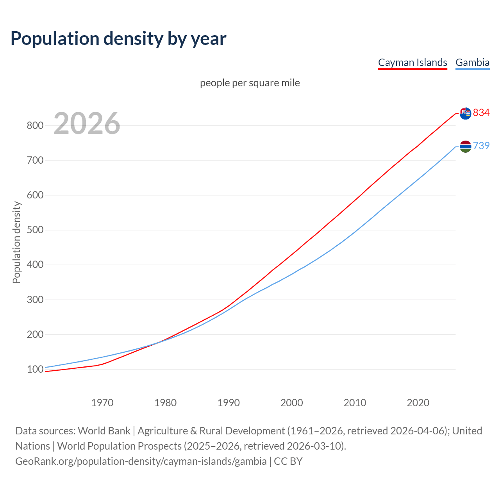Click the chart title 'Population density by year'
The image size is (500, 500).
(118, 38)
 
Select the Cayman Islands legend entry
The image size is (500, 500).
(412, 62)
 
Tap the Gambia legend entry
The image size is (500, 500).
(472, 62)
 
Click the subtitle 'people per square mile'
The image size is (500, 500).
(250, 83)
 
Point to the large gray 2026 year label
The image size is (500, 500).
(87, 123)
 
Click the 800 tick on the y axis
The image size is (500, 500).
(35, 126)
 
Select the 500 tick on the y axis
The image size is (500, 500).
(35, 230)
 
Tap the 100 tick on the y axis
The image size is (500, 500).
(35, 370)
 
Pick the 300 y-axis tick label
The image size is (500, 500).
(35, 300)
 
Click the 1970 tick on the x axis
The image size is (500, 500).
(102, 403)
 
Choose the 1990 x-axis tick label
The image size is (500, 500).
(229, 403)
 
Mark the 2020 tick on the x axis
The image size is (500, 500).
(418, 403)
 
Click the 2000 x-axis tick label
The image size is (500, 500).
(292, 403)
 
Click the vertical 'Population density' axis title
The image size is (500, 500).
(16, 242)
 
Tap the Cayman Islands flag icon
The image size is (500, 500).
(465, 114)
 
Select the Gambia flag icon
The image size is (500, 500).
(465, 146)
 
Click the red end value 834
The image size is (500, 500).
(481, 112)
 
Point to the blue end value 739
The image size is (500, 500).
(481, 146)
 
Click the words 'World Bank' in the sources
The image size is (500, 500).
(104, 430)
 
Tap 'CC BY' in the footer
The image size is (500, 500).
(288, 461)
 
